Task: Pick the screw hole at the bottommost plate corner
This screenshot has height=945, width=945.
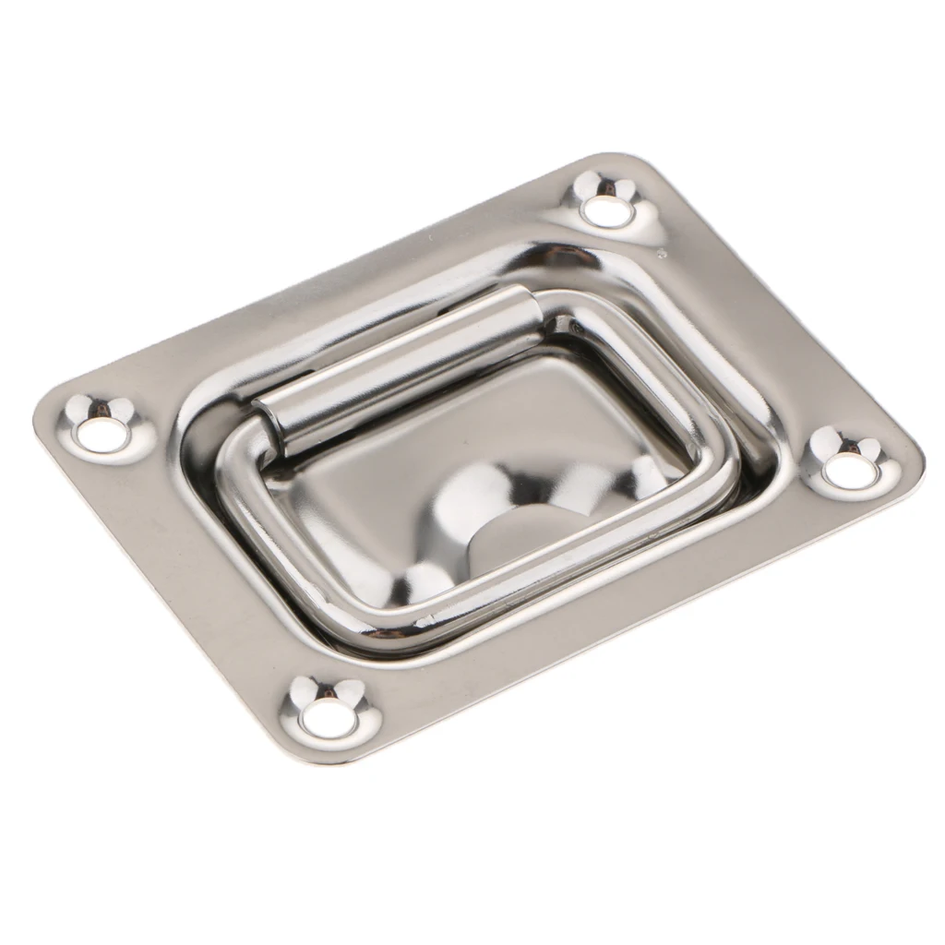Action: pyautogui.click(x=329, y=718)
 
